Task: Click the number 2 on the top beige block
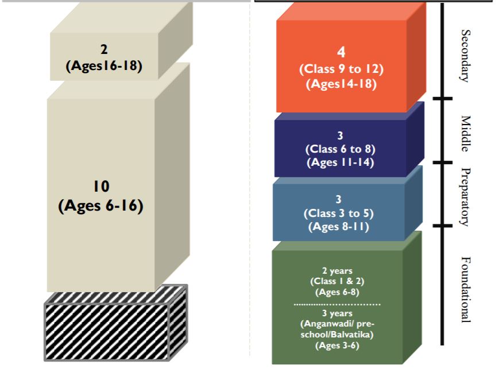point(105,50)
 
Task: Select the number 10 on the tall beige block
point(100,187)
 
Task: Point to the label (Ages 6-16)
point(100,205)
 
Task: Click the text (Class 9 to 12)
point(341,69)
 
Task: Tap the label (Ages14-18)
point(341,84)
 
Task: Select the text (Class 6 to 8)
point(340,150)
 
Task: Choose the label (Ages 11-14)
point(340,162)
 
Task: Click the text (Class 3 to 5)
point(339,213)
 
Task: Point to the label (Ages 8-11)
point(339,226)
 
